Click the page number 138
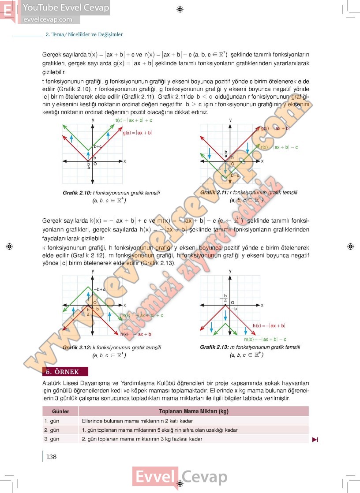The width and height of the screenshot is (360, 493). (51, 456)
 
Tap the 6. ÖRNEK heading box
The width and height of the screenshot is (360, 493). (65, 371)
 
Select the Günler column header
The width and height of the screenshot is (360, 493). (60, 411)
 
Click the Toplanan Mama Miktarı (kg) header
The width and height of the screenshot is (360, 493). (193, 411)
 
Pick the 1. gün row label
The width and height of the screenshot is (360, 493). (52, 421)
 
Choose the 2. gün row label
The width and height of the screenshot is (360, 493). (52, 430)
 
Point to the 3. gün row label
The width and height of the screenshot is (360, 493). (52, 439)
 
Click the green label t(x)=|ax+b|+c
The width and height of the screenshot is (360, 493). (134, 120)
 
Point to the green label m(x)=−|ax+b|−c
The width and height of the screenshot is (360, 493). (265, 339)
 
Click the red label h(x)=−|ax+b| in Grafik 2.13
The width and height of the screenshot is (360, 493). (269, 325)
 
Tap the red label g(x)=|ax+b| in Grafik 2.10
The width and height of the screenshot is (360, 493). (137, 132)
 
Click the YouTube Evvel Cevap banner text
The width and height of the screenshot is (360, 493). (66, 7)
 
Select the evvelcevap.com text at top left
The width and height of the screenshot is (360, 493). (47, 19)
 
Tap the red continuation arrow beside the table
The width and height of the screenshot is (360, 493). (315, 439)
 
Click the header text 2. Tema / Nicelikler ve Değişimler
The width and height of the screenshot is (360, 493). (84, 34)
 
